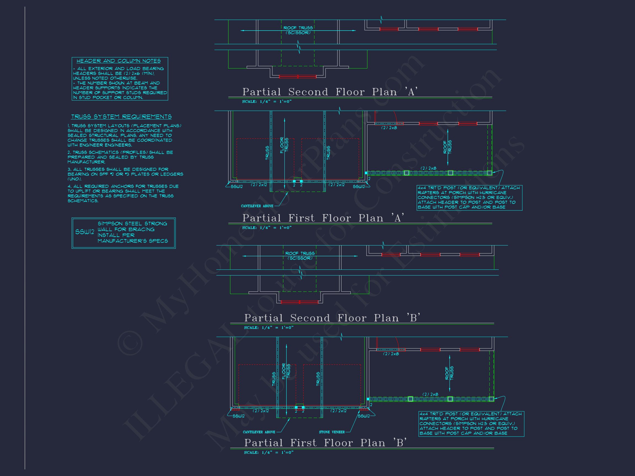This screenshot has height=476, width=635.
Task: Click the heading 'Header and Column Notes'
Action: [119, 61]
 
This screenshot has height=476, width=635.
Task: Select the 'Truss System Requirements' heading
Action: [121, 117]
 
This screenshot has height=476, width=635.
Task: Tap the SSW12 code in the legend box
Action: [84, 232]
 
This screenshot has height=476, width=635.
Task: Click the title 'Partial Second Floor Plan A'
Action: [330, 92]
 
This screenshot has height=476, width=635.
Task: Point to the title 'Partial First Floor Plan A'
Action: [324, 218]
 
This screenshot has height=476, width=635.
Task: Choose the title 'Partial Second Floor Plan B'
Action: [332, 318]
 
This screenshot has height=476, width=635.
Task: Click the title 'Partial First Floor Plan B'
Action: [325, 443]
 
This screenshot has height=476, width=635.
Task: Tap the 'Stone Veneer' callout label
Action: [332, 432]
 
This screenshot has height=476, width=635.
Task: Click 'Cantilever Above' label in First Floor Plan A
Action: [257, 206]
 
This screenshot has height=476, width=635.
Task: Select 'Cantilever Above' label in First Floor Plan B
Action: [259, 432]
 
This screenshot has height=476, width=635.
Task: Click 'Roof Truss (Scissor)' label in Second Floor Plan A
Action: [298, 30]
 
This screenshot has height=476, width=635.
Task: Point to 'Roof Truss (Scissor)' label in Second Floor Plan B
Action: [300, 256]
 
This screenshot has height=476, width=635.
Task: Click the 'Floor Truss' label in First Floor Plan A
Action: [284, 145]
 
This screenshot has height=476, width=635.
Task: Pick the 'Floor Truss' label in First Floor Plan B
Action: [286, 371]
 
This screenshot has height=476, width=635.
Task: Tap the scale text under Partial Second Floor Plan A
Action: [267, 102]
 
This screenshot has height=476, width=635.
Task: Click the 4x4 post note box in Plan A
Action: [469, 198]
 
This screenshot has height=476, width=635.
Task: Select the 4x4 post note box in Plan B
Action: [471, 424]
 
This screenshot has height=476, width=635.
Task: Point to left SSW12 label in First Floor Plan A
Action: [237, 187]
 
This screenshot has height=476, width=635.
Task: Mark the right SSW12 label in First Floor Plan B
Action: [364, 416]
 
